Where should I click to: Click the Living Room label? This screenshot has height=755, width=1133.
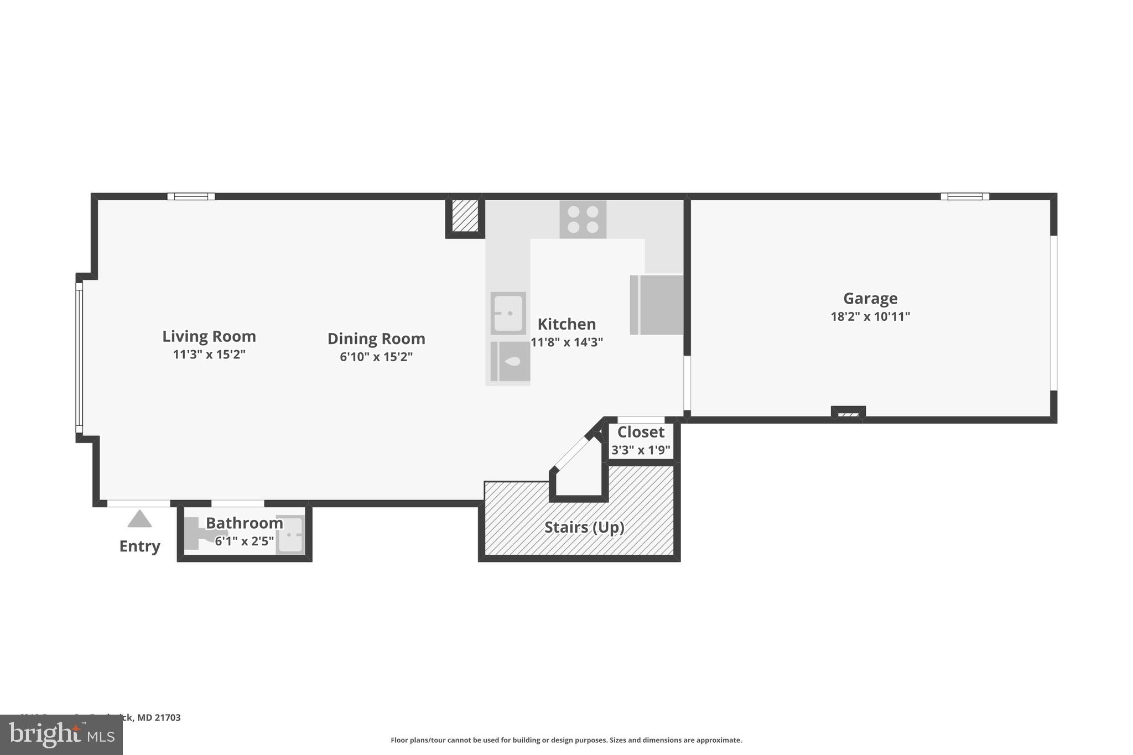tap(209, 336)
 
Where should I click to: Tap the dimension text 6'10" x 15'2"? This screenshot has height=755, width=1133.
tap(376, 357)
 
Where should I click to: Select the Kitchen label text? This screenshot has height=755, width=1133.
tap(566, 324)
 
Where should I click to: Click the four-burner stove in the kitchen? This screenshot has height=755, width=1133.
tap(583, 220)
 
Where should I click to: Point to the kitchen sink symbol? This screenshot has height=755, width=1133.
tap(508, 313)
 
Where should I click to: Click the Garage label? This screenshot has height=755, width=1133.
tap(870, 299)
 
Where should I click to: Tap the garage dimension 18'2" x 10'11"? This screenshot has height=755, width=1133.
tap(870, 317)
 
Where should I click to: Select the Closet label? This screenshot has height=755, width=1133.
tap(641, 432)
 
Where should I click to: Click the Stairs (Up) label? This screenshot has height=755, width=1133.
tap(584, 527)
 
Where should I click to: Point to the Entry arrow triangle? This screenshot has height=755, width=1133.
tap(139, 519)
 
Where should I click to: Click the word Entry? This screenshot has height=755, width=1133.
tap(139, 546)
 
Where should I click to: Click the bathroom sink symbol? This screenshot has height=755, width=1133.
tap(290, 535)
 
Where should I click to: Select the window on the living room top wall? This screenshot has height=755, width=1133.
tap(191, 196)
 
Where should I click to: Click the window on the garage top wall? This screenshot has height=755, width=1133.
tap(964, 196)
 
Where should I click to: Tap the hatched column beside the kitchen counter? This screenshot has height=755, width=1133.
tap(465, 216)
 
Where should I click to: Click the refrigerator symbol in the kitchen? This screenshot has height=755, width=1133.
tap(657, 305)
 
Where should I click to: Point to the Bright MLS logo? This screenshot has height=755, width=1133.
tap(61, 735)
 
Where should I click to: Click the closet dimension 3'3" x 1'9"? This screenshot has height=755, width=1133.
tap(641, 450)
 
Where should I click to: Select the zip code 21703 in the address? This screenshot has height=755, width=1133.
tap(167, 717)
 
